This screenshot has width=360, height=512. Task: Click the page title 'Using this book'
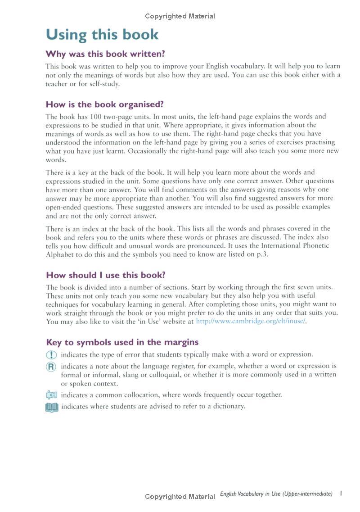[x=102, y=35]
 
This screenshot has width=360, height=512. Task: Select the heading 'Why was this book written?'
[x=105, y=54]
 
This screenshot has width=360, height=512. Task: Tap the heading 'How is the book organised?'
[x=104, y=104]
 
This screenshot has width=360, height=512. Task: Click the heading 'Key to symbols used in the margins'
[x=122, y=342]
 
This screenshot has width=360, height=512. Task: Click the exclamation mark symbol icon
[x=52, y=355]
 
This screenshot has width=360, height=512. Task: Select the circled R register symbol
[x=52, y=367]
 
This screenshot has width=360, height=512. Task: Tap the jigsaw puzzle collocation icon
[x=52, y=395]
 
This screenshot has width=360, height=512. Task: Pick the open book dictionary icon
[x=52, y=407]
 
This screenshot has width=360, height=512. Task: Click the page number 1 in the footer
[x=341, y=494]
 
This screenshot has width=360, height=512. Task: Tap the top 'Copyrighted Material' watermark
[x=180, y=16]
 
